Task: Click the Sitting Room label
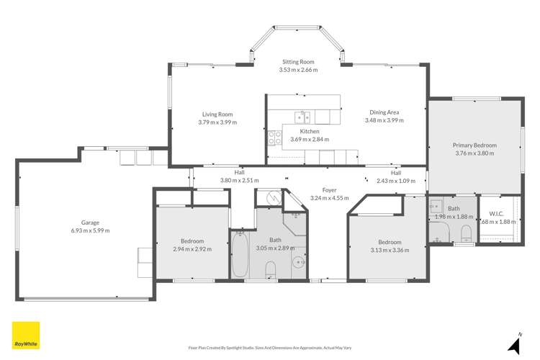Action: pos(298,63)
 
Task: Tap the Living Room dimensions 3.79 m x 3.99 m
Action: pos(217,122)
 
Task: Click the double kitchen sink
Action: pos(304,117)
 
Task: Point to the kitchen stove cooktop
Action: pos(274,138)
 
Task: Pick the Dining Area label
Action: pos(384,112)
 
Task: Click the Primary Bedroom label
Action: pos(474,145)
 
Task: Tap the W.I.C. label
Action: pos(495,213)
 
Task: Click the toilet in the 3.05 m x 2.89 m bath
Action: pos(271,269)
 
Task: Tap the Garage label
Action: pos(90,222)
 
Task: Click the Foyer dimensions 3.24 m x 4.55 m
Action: pos(328,198)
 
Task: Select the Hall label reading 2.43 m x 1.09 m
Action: pos(396,181)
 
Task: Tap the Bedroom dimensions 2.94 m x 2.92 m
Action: pos(192,249)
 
